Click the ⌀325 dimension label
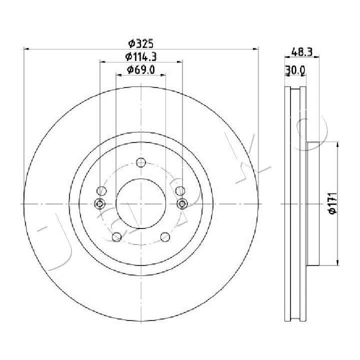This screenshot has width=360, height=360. click(x=140, y=43)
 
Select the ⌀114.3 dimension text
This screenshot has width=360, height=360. click(x=141, y=56)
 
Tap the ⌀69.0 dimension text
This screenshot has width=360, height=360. click(x=141, y=70)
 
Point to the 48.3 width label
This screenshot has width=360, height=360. click(x=302, y=52)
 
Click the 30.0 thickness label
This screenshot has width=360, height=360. click(x=295, y=70)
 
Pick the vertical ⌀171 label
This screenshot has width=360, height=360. click(x=332, y=203)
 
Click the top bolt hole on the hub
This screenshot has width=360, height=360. click(x=141, y=162)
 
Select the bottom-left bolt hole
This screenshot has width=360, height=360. click(x=116, y=237)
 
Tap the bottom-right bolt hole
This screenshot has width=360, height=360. click(x=165, y=237)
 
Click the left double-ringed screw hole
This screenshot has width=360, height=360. click(x=100, y=203)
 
